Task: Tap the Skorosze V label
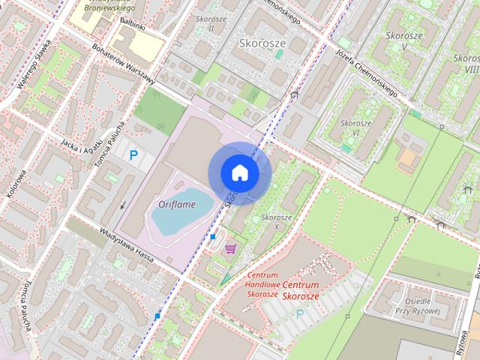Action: tap(405, 40)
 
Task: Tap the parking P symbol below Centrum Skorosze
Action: tap(301, 313)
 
